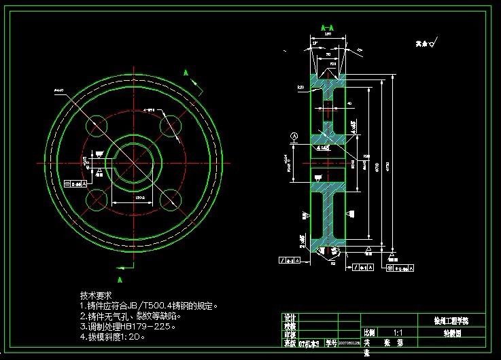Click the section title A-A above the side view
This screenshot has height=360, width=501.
pos(327,28)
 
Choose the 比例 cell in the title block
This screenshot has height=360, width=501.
pos(369,333)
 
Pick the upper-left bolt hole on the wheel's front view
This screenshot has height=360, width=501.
pos(97,126)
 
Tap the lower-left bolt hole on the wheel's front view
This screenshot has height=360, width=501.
pos(97,200)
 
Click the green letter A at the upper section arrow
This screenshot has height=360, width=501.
pos(186,72)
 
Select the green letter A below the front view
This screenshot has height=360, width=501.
pos(120,279)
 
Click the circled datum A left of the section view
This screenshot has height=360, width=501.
pos(294,136)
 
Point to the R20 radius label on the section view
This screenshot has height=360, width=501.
pos(300,88)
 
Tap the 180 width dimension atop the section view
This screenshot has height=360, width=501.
pos(327,33)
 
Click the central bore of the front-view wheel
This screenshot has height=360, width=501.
pos(133,163)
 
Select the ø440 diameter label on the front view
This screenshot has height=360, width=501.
pos(59,90)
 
